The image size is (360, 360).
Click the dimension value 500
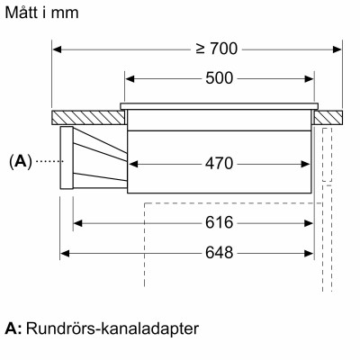point(220,78)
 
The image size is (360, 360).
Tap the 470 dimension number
point(220,164)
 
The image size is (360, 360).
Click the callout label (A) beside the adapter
point(20,162)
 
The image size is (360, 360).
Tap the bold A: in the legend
point(13,329)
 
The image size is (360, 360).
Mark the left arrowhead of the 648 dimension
point(65,253)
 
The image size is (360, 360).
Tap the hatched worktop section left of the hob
point(88,116)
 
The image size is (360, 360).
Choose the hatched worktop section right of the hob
point(330,116)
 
